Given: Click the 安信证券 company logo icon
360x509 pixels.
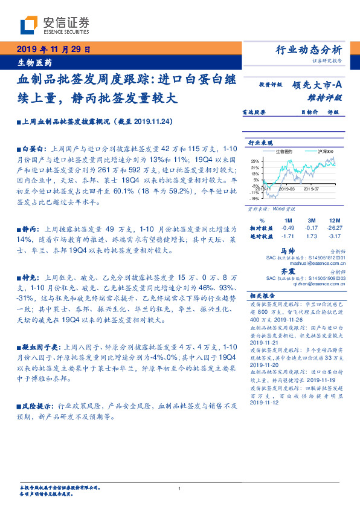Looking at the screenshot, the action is click(x=28, y=25).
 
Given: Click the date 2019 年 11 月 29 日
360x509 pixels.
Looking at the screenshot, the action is click(x=53, y=50).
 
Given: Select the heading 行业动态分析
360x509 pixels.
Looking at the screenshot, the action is click(x=309, y=50).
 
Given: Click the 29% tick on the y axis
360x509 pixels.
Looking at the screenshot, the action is click(x=255, y=160).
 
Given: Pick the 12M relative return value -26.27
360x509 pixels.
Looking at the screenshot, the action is click(x=334, y=227).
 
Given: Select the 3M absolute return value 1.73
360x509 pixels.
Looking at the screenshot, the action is click(x=312, y=236).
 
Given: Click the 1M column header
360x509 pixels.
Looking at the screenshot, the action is click(x=288, y=219).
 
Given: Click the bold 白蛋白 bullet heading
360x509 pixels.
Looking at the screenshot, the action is click(x=33, y=148).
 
